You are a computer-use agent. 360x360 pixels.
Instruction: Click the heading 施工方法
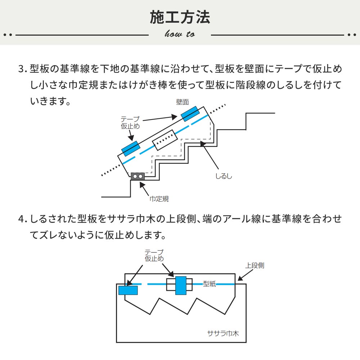click(180, 17)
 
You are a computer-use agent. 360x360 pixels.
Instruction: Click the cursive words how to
click(180, 34)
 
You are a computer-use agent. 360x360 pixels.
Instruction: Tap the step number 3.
click(22, 68)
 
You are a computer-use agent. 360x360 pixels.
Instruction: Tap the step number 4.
click(22, 219)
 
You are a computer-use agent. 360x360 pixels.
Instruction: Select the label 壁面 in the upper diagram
click(183, 102)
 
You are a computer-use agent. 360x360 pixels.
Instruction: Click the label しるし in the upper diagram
click(224, 176)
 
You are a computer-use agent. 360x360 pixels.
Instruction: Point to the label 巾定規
click(159, 198)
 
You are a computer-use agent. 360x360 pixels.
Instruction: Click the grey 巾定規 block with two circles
click(138, 176)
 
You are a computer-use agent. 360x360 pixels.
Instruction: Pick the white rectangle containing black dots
click(165, 140)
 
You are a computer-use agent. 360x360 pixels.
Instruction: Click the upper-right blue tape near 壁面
click(190, 114)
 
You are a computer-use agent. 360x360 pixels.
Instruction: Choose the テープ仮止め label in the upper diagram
click(130, 123)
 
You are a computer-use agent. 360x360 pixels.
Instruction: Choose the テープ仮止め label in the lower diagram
click(154, 255)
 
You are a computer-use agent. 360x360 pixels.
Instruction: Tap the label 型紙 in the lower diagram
click(209, 284)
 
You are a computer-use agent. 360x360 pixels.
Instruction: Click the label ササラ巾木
click(223, 333)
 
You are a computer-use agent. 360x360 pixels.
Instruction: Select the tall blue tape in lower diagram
click(181, 285)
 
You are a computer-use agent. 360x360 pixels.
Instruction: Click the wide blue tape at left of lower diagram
click(128, 290)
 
